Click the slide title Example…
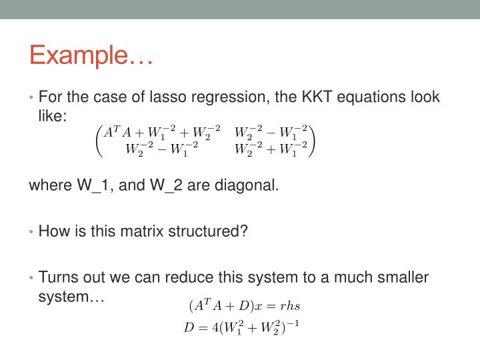coord(91,55)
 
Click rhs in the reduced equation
coord(290,307)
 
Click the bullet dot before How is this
coord(32,232)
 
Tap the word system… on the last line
coord(72,295)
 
